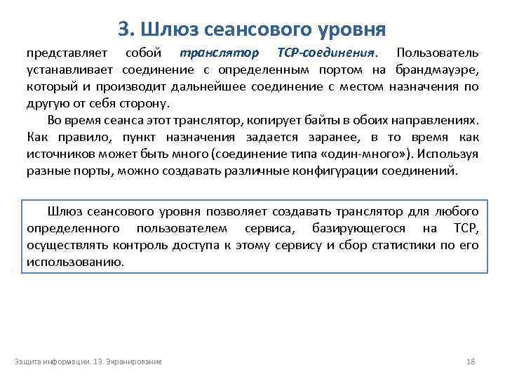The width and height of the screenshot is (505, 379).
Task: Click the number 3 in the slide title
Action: (123, 29)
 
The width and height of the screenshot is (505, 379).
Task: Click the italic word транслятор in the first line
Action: (219, 53)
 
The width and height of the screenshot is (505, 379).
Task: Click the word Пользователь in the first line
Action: (438, 53)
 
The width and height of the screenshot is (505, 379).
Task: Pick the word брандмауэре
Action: (438, 69)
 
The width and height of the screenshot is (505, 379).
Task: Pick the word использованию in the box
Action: (74, 262)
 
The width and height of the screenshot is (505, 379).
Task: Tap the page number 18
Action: (471, 361)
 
